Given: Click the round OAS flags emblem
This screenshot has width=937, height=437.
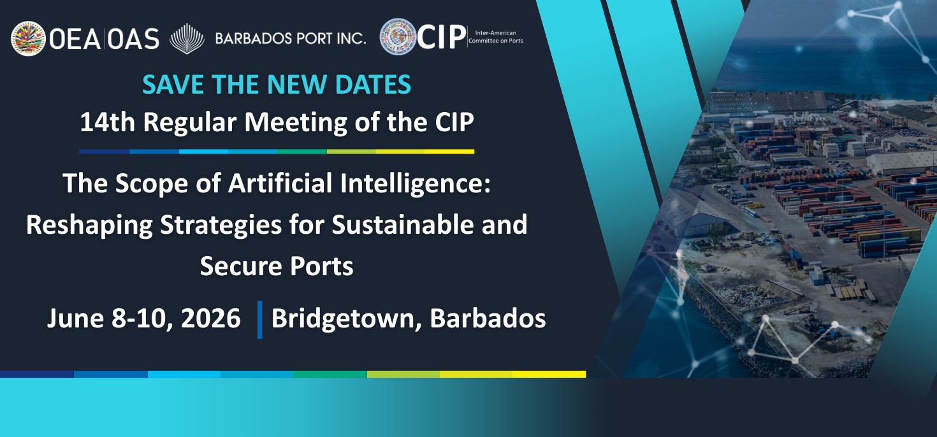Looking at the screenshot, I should (29, 39).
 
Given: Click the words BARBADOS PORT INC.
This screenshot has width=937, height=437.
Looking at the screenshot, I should (291, 39).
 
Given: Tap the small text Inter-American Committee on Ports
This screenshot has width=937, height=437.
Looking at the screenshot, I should (495, 37).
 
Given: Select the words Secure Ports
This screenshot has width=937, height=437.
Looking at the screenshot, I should (277, 266).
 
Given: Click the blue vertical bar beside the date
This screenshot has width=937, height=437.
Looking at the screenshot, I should (260, 319).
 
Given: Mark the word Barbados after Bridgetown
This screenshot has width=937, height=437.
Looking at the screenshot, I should (488, 318).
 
